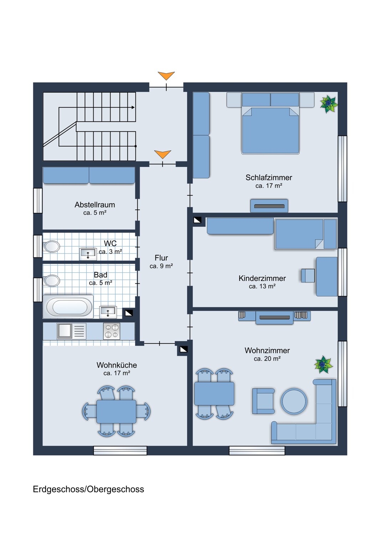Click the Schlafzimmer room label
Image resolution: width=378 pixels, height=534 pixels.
(269, 177)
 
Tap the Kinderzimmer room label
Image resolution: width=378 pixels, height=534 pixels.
(262, 278)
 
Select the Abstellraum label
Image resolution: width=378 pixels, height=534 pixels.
(95, 205)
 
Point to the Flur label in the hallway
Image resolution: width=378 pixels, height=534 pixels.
(161, 258)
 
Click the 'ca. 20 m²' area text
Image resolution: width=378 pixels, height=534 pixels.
(267, 359)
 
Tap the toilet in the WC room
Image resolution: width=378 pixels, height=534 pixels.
(52, 246)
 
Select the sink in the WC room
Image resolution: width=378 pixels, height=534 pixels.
(88, 254)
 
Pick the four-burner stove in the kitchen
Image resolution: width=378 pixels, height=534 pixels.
(112, 331)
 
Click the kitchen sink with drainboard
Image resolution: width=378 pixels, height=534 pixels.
(71, 331)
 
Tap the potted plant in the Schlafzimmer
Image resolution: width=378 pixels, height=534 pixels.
(328, 104)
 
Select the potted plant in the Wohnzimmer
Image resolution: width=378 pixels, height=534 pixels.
(323, 365)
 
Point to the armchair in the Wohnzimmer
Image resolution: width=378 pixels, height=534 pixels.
(264, 401)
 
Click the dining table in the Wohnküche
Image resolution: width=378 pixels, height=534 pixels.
(116, 412)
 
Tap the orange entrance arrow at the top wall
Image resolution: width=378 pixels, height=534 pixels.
(166, 75)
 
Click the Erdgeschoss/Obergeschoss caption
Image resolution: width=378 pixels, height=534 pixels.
(88, 489)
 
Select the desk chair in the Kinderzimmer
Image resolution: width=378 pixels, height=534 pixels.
(308, 276)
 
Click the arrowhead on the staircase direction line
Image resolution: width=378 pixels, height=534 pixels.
(133, 107)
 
